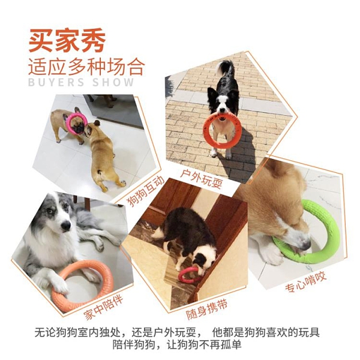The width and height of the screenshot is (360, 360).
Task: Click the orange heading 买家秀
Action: point(67,41)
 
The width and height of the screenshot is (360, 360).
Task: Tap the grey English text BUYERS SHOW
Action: point(81,82)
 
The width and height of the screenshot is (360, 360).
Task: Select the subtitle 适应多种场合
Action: point(86,67)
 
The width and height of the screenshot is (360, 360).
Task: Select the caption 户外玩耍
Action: point(202,179)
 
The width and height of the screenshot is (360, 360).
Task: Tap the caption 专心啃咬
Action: point(305,283)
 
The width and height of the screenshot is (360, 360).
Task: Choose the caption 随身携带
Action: point(206,310)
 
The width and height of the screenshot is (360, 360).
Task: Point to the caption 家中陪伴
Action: point(103,308)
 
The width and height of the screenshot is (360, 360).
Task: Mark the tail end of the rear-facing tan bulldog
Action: point(99,172)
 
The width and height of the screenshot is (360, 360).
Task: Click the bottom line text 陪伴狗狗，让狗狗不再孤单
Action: point(176,345)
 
